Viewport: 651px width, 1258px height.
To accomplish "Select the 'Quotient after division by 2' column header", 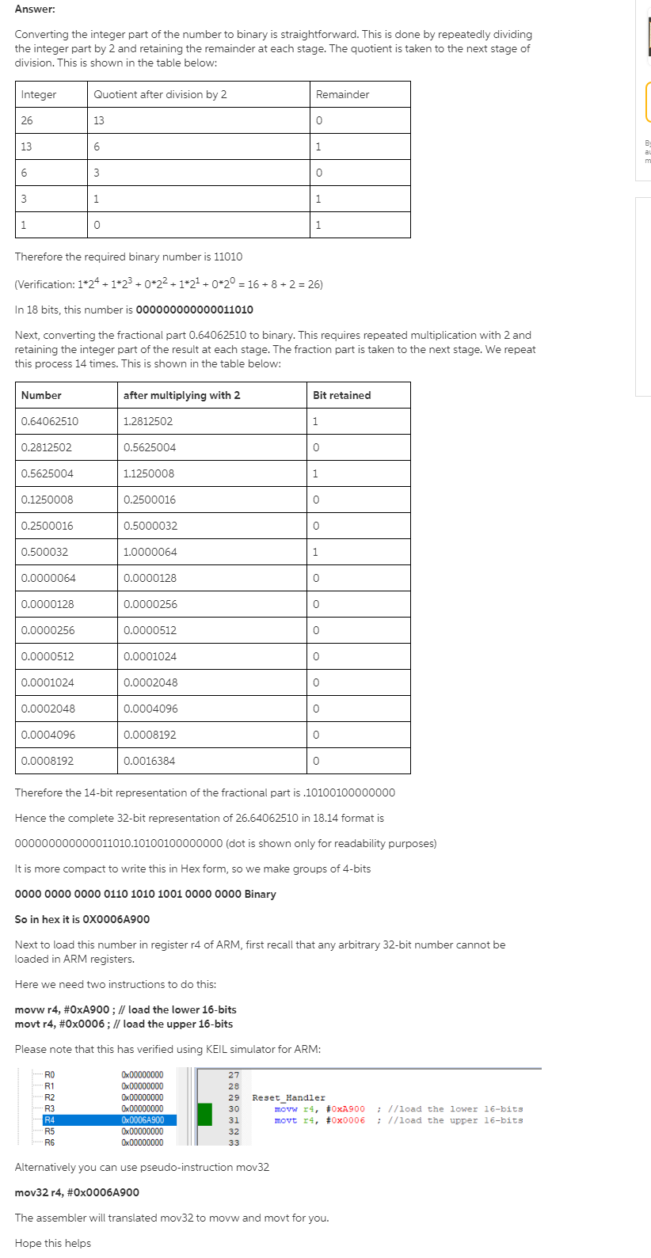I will click(160, 94).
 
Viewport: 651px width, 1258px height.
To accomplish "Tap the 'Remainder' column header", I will click(342, 94).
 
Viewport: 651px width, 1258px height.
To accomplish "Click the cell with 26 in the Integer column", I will click(28, 120).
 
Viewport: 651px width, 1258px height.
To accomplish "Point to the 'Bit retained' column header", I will click(341, 395).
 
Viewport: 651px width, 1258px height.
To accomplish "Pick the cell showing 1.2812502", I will click(148, 421).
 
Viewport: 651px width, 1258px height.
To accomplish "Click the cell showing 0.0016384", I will click(150, 761).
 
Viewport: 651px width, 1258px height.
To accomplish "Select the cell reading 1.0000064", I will click(150, 552).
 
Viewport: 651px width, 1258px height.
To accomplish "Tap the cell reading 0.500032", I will click(44, 552).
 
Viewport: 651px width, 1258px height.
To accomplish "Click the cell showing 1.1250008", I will click(149, 473).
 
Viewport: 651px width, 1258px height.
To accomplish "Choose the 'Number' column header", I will click(41, 395).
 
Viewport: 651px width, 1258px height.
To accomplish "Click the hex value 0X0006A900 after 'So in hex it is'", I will click(116, 919).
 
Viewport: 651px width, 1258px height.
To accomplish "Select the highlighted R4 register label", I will click(50, 1120).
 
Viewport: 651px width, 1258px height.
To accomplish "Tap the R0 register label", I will click(50, 1075).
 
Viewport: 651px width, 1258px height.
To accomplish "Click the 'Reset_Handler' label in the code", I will click(288, 1098).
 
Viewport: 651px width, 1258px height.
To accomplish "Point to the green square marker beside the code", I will click(204, 1114).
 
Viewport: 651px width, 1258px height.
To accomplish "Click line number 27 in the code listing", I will click(234, 1075).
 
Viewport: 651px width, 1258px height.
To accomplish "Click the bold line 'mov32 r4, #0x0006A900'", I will click(77, 1192).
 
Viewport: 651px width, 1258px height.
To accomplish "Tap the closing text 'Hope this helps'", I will click(52, 1243).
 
